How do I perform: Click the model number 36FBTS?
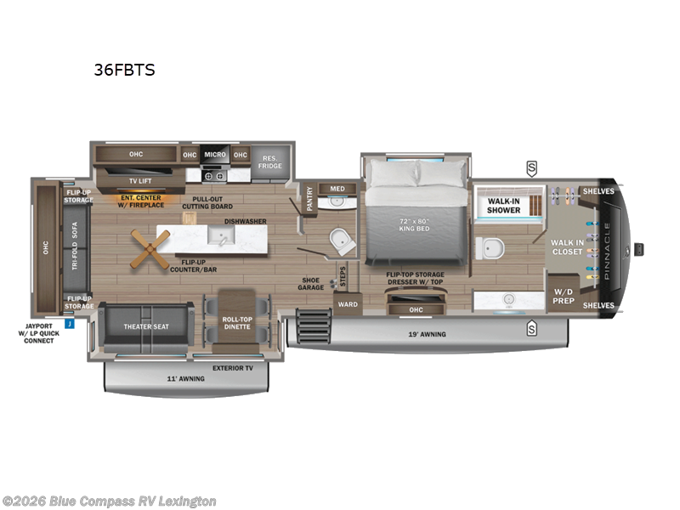coord(124,71)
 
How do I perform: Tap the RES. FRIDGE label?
coord(271,161)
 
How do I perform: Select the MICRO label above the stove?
coord(214,155)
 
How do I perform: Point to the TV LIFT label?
coord(140,180)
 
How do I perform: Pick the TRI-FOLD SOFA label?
coord(74,250)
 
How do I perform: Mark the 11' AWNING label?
coord(185,378)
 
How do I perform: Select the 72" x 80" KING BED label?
coord(414,225)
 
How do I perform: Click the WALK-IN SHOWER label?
coord(503,206)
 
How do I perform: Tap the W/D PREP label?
coord(564,296)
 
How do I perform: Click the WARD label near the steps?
coord(347,303)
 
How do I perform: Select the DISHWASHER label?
coord(246,221)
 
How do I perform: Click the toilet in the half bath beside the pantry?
coord(342,241)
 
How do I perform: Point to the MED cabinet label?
coord(337,189)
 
